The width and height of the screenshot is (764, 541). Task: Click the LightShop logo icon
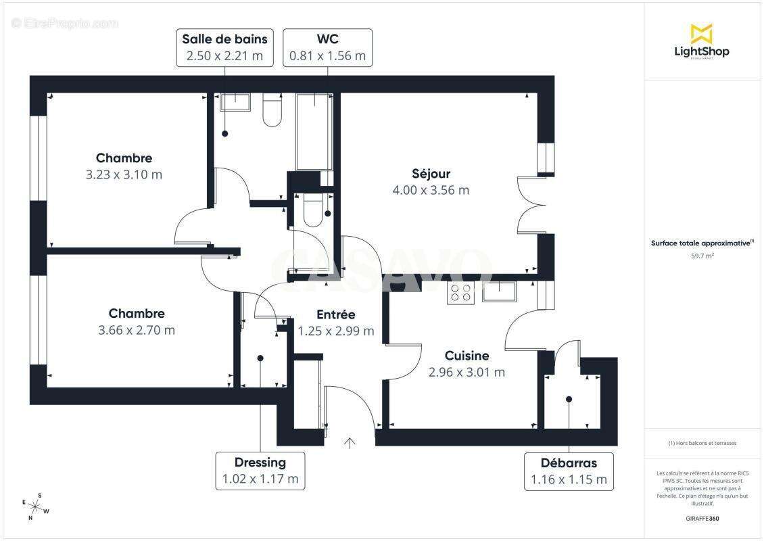coord(701,34)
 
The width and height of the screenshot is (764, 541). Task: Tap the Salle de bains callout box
coord(225,47)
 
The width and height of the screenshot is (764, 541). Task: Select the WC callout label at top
coord(327,47)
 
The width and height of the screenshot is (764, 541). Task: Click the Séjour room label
coord(431,174)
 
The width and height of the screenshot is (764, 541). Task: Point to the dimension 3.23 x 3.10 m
coord(124,174)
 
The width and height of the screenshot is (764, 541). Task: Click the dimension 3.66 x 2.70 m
coord(137,330)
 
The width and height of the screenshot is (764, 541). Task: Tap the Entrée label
coord(336,314)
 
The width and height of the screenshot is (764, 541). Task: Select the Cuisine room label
coord(467,356)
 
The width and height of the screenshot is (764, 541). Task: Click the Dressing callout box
coord(260,471)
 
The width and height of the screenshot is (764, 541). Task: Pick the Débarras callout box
coord(568,471)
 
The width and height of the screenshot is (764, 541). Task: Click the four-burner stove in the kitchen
coord(461,293)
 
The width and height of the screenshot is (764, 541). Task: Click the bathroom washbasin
coord(235,101)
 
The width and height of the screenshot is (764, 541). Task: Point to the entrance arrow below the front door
coord(350,443)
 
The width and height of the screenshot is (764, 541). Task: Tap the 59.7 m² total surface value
coord(702,256)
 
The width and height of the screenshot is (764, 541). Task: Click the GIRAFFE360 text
coord(702,518)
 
